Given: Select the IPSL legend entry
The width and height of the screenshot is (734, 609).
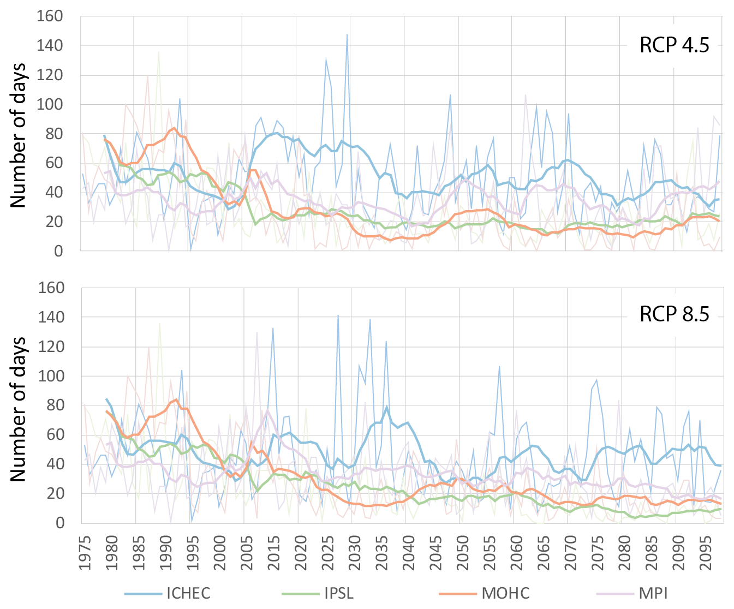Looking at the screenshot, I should (x=338, y=593).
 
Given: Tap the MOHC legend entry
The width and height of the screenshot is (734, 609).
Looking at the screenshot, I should (x=505, y=593).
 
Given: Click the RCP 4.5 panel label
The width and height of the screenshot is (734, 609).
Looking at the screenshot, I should (x=675, y=45).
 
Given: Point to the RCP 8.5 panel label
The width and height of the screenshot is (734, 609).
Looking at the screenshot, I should (x=675, y=315).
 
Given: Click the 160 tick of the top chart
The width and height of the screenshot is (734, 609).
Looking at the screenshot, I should (x=50, y=16).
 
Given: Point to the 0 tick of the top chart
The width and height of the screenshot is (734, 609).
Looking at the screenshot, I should (x=58, y=251).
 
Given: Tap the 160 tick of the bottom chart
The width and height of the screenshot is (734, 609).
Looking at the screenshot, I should (x=50, y=288).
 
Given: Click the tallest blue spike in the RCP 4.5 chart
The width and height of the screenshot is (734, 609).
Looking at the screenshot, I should (x=347, y=35).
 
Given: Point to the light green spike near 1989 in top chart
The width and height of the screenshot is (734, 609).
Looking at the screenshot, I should (x=159, y=52).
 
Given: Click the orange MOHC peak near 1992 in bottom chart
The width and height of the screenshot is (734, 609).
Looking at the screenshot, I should (x=175, y=399).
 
